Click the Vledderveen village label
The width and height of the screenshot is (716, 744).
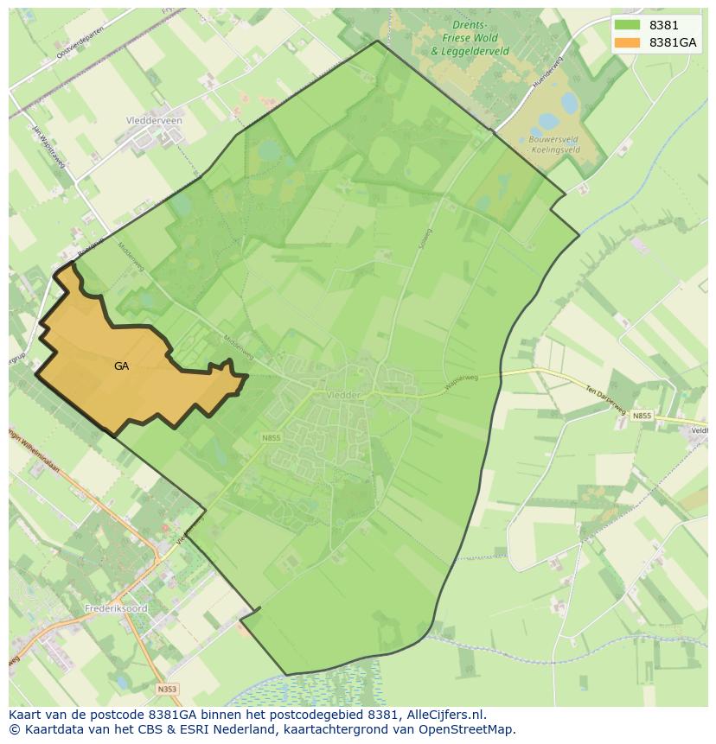(154, 121)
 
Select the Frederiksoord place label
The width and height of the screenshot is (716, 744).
(116, 608)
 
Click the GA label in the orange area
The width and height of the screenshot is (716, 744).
(121, 366)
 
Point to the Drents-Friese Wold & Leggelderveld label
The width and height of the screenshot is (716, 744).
(470, 39)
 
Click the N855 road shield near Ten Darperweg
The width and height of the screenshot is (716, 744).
(641, 417)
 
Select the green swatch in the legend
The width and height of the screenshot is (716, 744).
(627, 25)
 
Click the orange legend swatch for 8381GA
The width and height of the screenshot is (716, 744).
(627, 42)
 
